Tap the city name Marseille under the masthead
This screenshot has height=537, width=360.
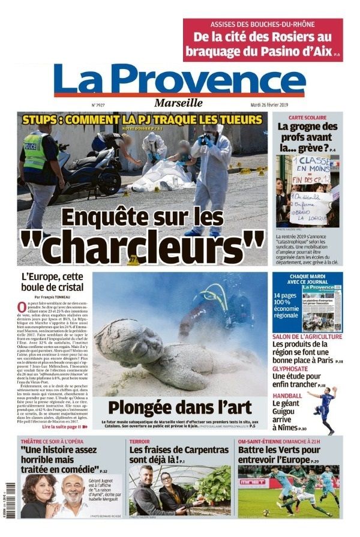coord(178,103)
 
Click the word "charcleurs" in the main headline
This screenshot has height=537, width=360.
coord(142,241)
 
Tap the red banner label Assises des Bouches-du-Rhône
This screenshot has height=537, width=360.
coord(263,25)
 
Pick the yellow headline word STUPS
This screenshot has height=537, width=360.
coord(40,119)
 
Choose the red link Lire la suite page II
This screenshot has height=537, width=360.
coord(65,427)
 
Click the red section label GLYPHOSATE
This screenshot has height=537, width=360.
coord(291,370)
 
